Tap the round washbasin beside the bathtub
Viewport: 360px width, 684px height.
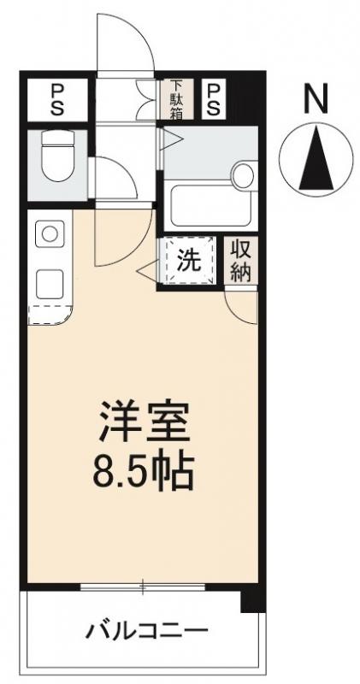[x=244, y=176]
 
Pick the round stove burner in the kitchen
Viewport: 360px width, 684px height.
[x=50, y=233]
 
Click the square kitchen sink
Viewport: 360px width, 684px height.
[x=50, y=280]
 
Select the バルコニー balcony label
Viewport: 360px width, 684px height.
[x=145, y=633]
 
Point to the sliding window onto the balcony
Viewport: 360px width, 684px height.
[x=142, y=587]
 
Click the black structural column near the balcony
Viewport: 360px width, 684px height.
[x=250, y=599]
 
